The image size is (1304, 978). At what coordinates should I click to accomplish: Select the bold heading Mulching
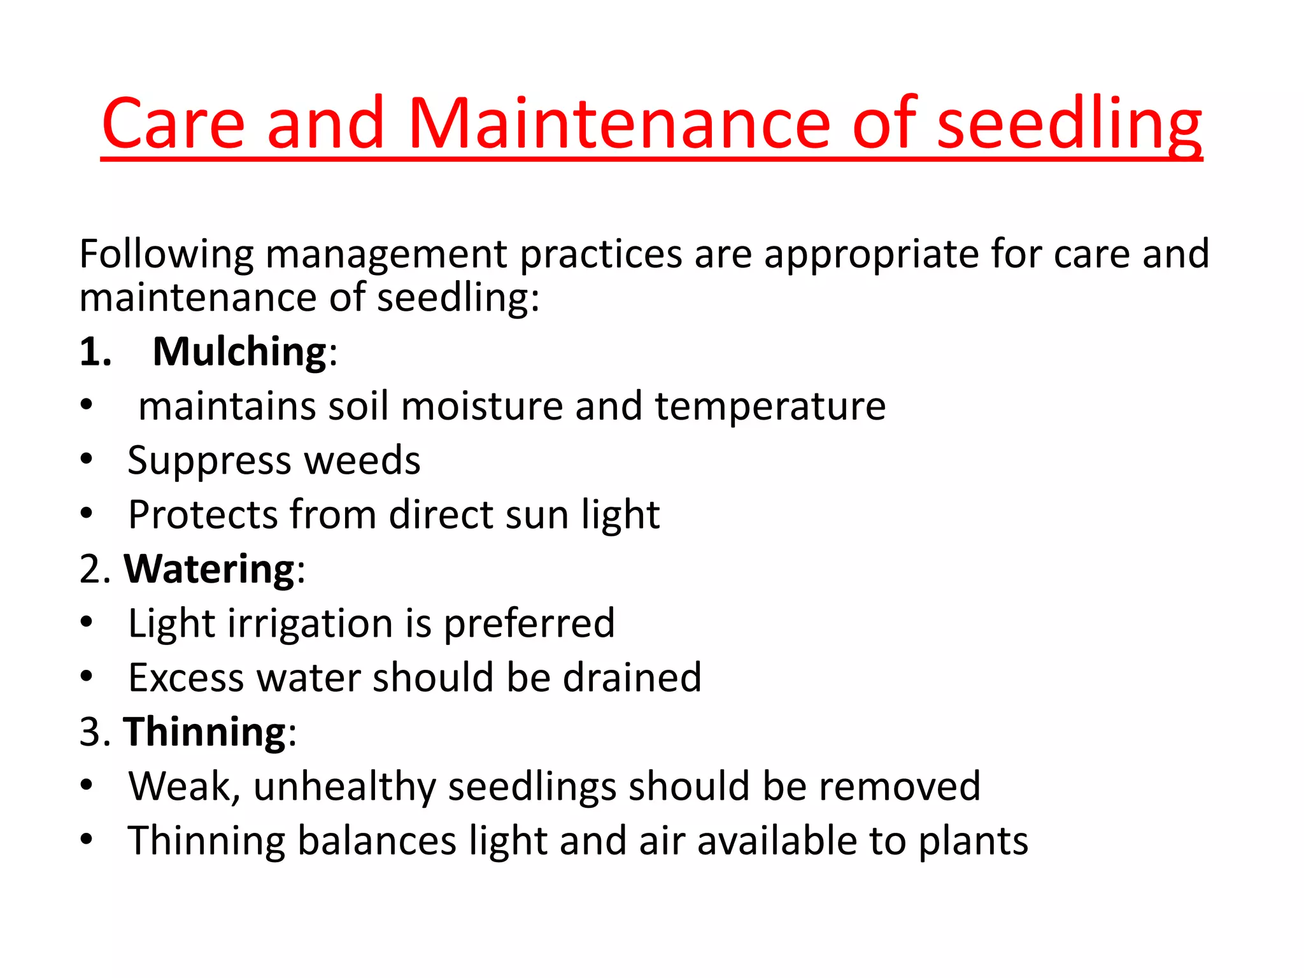(239, 351)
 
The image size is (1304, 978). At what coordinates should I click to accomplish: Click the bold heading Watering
(209, 569)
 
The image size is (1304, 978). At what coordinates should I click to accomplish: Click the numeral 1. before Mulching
(96, 351)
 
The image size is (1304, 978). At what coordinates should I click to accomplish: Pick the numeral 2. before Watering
(96, 569)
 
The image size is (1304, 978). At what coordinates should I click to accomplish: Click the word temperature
(770, 406)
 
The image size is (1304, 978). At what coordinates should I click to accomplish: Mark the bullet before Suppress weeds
(87, 458)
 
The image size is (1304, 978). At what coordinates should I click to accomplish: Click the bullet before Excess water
(87, 676)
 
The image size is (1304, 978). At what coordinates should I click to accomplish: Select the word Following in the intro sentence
(166, 254)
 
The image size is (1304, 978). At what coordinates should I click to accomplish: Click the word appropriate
(871, 254)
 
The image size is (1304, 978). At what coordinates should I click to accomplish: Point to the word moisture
(482, 406)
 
